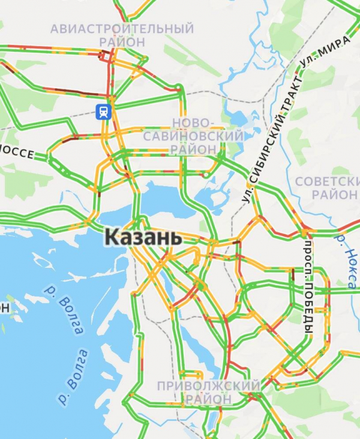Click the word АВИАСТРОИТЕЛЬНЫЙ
(x=122, y=29)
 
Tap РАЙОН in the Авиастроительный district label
(x=123, y=42)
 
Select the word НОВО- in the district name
(x=193, y=123)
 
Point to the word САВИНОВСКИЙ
(x=193, y=136)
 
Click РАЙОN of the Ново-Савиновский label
(x=193, y=149)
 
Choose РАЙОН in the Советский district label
(x=334, y=195)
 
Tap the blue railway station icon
(x=104, y=111)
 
